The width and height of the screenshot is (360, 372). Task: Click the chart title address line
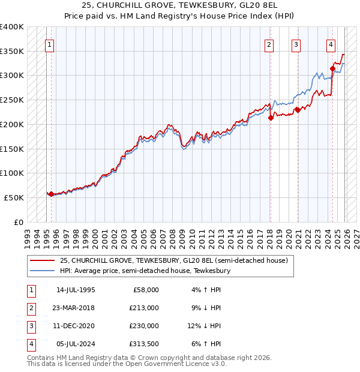[179, 6]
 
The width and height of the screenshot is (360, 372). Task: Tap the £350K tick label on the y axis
[12, 52]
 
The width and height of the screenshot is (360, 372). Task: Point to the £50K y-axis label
[14, 197]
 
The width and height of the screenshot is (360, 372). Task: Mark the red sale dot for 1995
[51, 194]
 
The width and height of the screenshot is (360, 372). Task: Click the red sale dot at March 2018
[271, 118]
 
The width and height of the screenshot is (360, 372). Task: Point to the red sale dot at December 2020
[298, 110]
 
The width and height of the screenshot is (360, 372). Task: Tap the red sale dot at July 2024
[332, 69]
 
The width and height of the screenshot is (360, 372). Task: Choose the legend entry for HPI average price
[144, 271]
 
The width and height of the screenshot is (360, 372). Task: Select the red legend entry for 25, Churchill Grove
[174, 260]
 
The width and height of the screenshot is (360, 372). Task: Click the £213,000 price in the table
[144, 308]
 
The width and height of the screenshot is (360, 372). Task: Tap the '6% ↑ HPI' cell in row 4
[205, 344]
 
